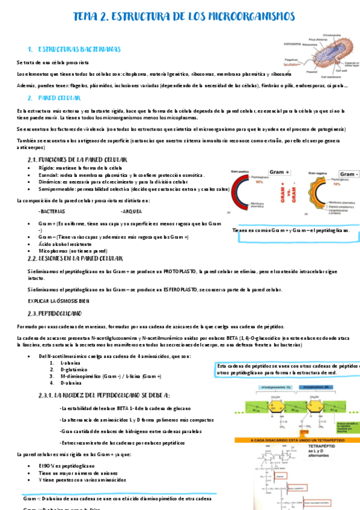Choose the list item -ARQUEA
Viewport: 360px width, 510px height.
coord(131,212)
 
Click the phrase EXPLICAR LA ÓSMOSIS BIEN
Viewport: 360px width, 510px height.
coord(59,301)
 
